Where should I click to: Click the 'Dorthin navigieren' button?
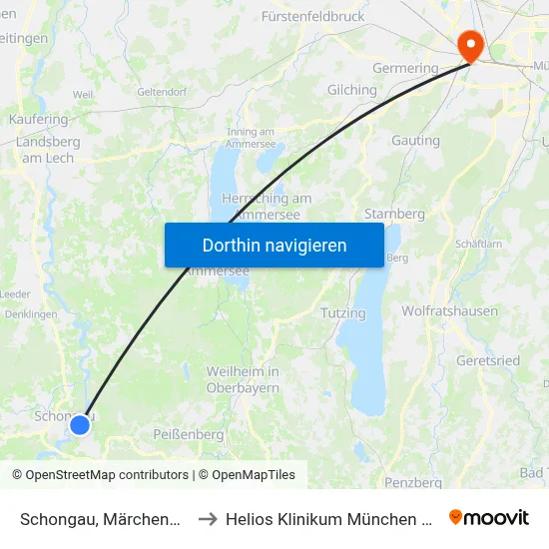click(x=274, y=245)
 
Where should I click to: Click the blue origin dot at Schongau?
click(x=80, y=425)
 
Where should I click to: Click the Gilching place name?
click(x=352, y=90)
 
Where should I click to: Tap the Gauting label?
click(x=415, y=141)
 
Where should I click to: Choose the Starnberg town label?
click(x=395, y=214)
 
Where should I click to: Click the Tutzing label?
click(x=343, y=313)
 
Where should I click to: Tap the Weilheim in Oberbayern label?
click(x=243, y=380)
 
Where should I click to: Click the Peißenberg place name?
click(x=189, y=434)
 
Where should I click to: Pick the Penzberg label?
click(x=414, y=482)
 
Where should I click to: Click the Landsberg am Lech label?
click(x=47, y=150)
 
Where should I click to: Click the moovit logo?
click(x=489, y=517)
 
